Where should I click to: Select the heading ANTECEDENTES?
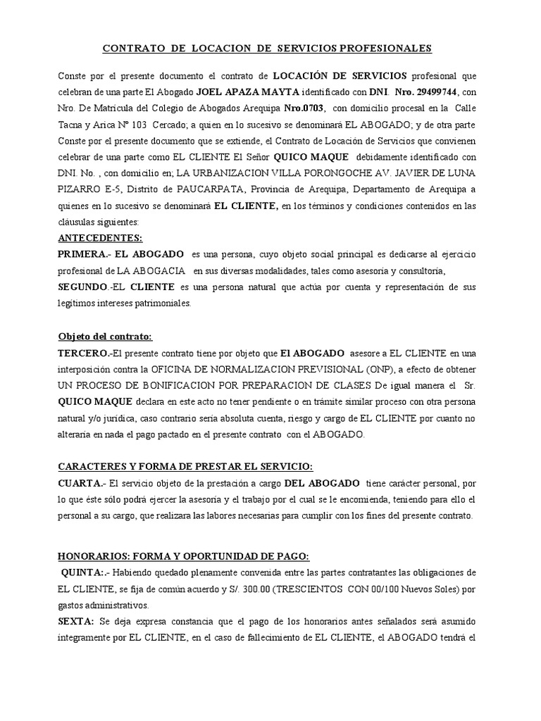pyautogui.click(x=99, y=239)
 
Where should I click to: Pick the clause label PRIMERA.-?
pyautogui.click(x=82, y=254)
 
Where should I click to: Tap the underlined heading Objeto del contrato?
pyautogui.click(x=104, y=337)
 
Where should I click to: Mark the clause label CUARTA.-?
pyautogui.click(x=80, y=484)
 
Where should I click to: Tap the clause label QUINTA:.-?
pyautogui.click(x=86, y=571)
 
